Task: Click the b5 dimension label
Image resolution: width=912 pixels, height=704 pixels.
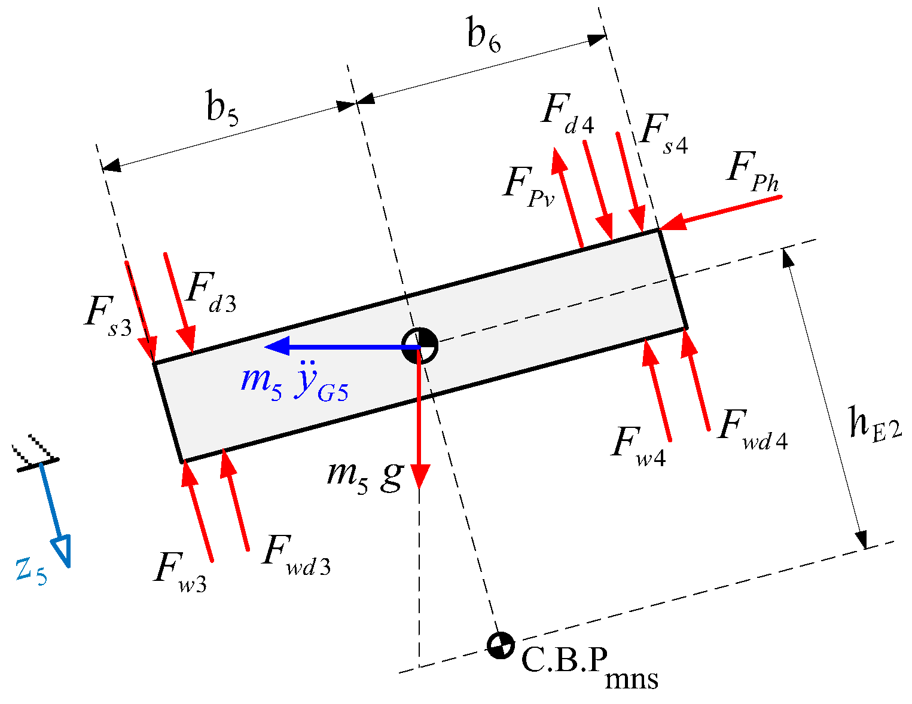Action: (222, 109)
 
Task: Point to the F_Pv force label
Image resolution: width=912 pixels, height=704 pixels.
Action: (529, 187)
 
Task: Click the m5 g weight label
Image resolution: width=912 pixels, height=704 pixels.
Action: (364, 476)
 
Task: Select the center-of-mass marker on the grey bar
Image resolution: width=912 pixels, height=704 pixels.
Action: (419, 346)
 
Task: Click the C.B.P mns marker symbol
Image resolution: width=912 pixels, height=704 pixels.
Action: (499, 645)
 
